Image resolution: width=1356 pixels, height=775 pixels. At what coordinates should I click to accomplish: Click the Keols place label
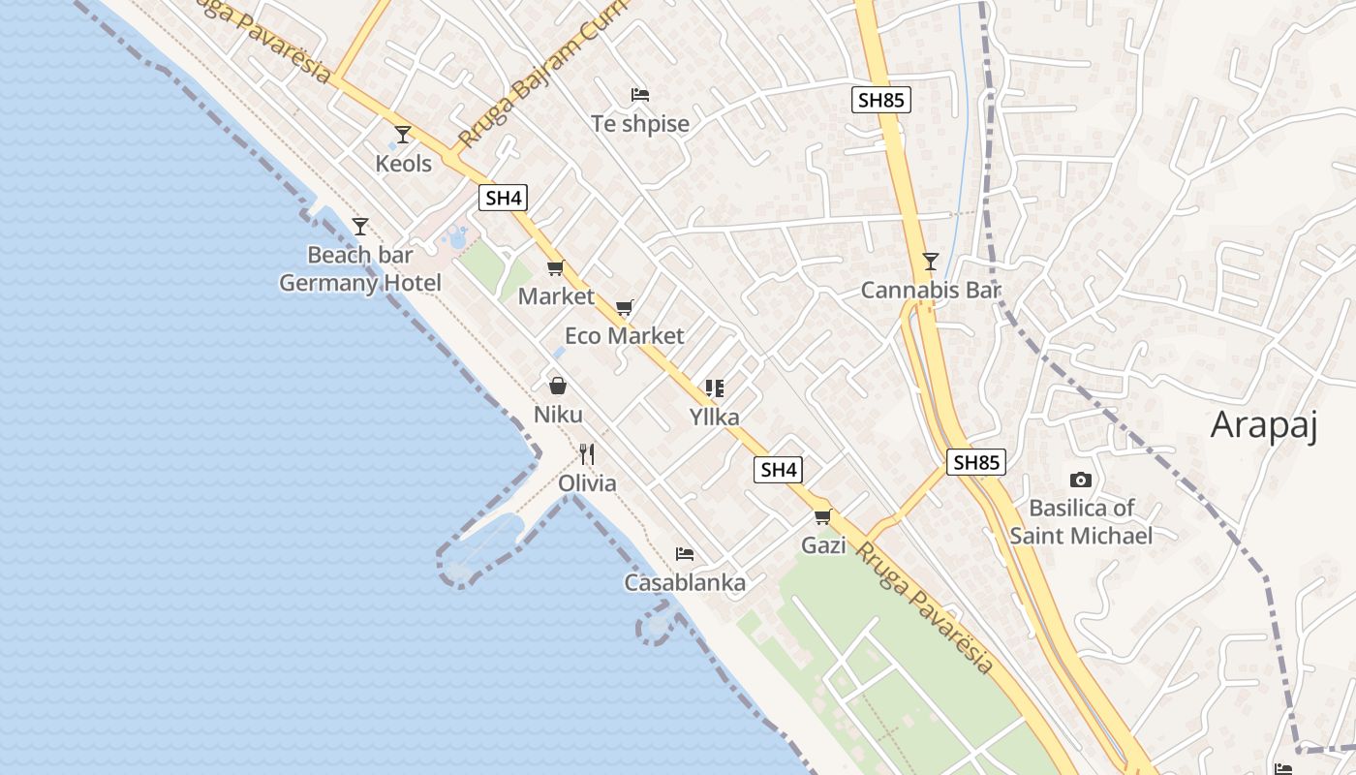coord(403,163)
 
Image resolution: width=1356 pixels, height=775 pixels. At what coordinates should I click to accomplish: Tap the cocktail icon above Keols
coord(403,135)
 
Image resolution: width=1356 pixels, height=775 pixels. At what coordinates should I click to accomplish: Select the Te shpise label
coord(640,124)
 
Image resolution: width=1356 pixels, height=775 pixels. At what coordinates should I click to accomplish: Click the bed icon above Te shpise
coord(640,95)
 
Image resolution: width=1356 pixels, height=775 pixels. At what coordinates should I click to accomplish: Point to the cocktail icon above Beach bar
coord(360,227)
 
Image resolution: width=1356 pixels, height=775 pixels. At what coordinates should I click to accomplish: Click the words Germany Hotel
coord(360,283)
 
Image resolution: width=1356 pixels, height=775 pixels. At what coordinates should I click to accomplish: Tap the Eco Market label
coord(624,336)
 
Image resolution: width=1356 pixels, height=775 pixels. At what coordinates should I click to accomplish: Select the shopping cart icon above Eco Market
coord(625,308)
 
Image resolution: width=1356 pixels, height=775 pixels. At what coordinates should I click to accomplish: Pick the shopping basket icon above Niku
coord(558,387)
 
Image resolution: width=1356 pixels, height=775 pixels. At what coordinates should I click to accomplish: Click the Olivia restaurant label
coord(587,482)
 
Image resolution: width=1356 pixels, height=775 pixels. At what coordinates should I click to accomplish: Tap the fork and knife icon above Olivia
coord(586,453)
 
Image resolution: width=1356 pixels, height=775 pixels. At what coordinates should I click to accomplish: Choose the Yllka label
coord(714,418)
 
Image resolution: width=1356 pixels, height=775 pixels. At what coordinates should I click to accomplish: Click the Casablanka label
coord(685,582)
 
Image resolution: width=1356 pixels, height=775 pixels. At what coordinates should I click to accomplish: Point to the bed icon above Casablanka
coord(685,554)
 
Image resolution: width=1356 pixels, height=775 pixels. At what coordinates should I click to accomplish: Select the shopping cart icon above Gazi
coord(823,517)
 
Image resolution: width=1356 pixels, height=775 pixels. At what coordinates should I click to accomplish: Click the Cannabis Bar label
coord(930,290)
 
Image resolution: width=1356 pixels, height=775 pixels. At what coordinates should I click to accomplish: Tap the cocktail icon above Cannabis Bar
coord(931,261)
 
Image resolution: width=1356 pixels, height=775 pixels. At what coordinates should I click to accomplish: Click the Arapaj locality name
coord(1264,425)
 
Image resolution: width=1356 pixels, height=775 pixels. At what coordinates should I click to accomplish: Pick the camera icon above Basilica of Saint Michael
coord(1081,480)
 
